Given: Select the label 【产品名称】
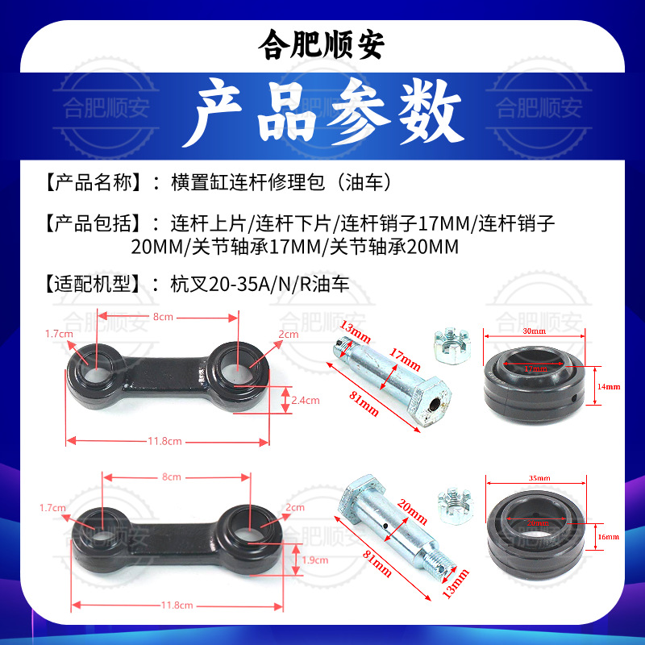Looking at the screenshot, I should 96,182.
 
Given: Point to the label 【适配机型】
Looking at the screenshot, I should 96,284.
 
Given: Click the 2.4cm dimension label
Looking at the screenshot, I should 305,400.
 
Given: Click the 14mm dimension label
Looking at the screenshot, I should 609,387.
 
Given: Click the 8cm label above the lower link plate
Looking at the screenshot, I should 172,476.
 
